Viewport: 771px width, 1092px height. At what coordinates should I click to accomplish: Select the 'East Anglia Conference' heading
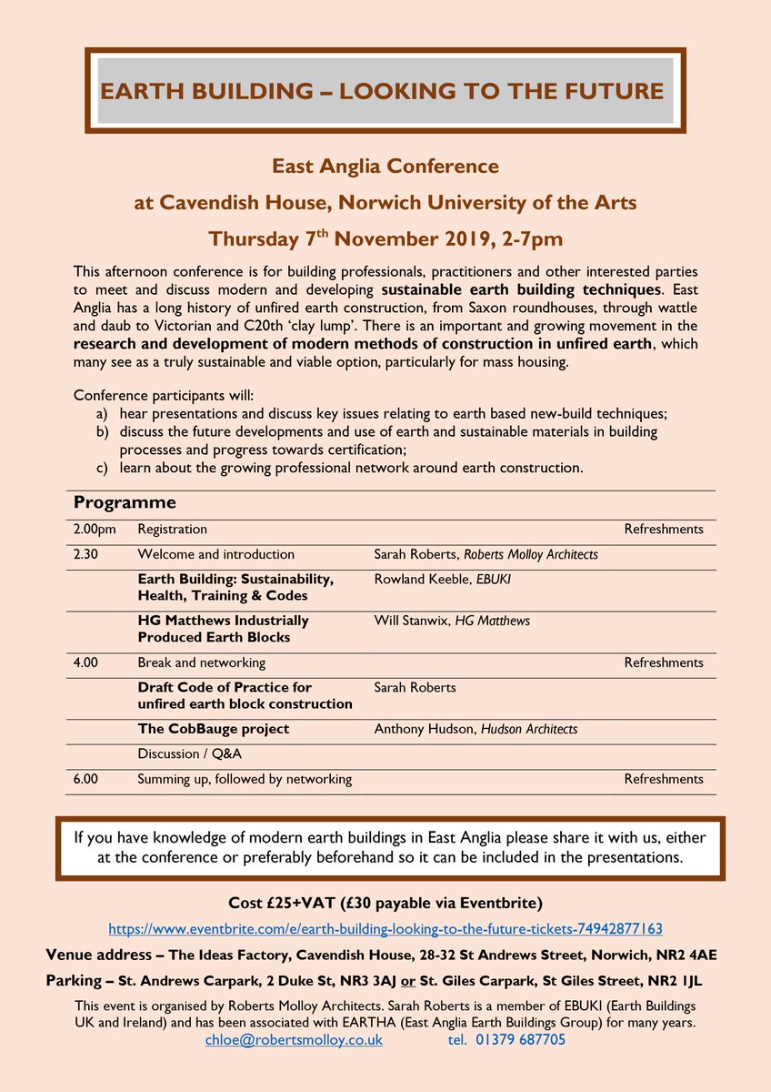(x=385, y=167)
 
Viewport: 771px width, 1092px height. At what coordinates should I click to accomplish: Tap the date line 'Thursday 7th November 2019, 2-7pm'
(x=385, y=239)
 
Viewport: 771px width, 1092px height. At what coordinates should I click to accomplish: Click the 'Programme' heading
(x=125, y=503)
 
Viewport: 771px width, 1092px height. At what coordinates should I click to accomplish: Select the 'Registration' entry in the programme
(x=173, y=529)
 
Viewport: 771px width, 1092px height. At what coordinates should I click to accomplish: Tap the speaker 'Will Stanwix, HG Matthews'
(x=452, y=621)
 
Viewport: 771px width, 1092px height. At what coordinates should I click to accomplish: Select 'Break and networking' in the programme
(x=202, y=662)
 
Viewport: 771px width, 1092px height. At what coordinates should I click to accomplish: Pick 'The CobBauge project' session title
(x=214, y=729)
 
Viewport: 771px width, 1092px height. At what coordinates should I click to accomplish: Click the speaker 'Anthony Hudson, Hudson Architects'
(x=476, y=729)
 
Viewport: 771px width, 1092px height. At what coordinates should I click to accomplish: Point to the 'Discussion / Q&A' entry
(x=189, y=753)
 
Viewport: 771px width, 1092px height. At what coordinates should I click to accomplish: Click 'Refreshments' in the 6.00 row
(x=664, y=779)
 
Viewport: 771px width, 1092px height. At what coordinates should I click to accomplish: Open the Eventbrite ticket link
(x=385, y=929)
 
